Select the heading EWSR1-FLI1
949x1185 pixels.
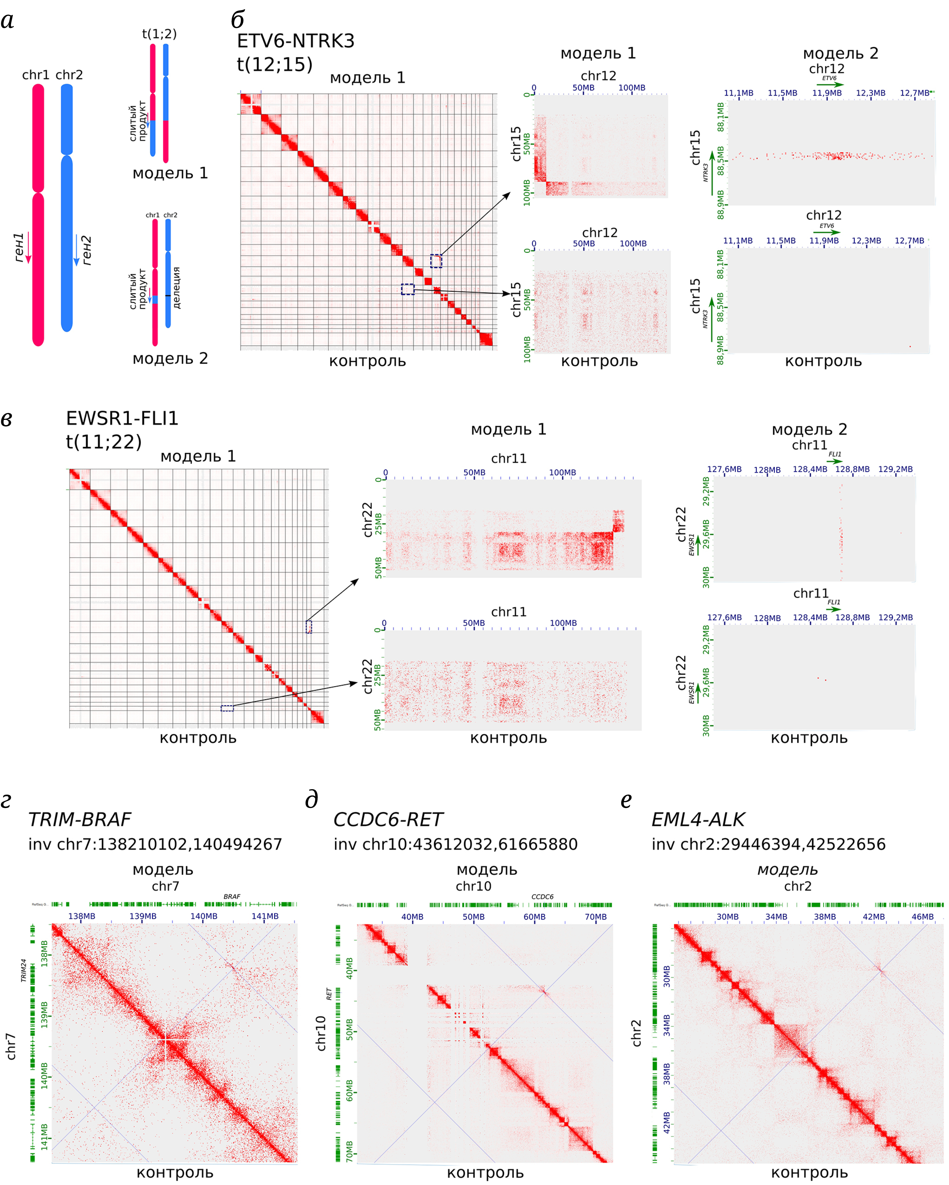coord(122,418)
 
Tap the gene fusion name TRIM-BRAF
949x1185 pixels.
coord(80,819)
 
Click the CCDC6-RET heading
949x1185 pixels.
coord(388,819)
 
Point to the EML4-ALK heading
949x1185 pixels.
coord(698,819)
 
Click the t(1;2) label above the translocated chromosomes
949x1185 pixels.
coord(159,34)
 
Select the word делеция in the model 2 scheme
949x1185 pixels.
coord(176,288)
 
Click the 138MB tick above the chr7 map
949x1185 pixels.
coord(82,916)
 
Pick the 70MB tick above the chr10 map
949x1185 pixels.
coord(596,917)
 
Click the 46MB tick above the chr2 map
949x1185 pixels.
coord(923,917)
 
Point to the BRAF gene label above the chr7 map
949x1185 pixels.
coord(232,897)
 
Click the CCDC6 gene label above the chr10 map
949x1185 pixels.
coord(542,897)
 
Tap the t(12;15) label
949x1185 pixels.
coord(275,64)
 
